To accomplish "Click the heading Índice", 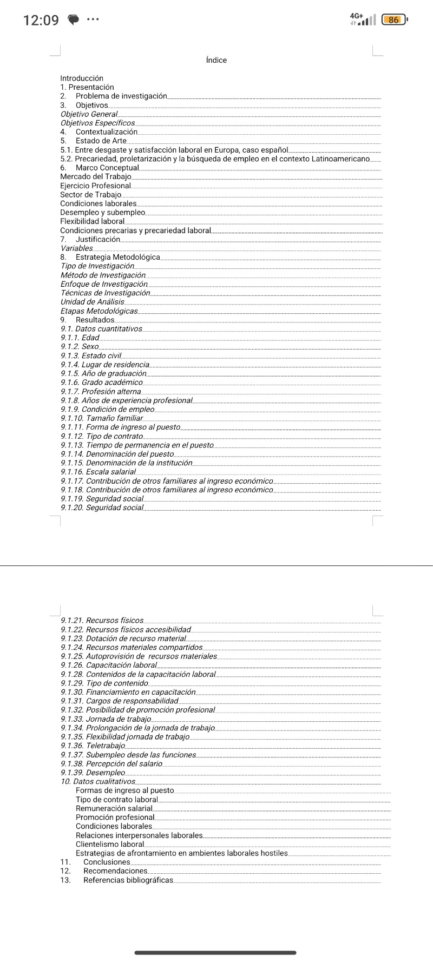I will pyautogui.click(x=216, y=60).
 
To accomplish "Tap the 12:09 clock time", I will pyautogui.click(x=41, y=21).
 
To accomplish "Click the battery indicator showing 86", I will pyautogui.click(x=394, y=20).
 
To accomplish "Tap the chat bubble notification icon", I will pyautogui.click(x=73, y=21).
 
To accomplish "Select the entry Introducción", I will pyautogui.click(x=82, y=78).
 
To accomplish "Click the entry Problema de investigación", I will pyautogui.click(x=121, y=96).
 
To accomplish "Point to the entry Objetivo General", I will pyautogui.click(x=89, y=114).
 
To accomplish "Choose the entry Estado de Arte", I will pyautogui.click(x=101, y=141).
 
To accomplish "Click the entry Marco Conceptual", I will pyautogui.click(x=107, y=168).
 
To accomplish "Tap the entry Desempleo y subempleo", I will pyautogui.click(x=103, y=212).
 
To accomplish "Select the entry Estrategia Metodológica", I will pyautogui.click(x=117, y=257).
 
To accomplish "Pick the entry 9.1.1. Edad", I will pyautogui.click(x=80, y=338).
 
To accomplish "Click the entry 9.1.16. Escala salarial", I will pyautogui.click(x=98, y=472).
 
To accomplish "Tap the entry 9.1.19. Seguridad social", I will pyautogui.click(x=102, y=498).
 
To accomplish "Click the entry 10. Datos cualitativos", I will pyautogui.click(x=98, y=781).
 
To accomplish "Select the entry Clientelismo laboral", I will pyautogui.click(x=110, y=844).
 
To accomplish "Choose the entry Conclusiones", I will pyautogui.click(x=107, y=862).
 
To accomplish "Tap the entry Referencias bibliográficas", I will pyautogui.click(x=128, y=880).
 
